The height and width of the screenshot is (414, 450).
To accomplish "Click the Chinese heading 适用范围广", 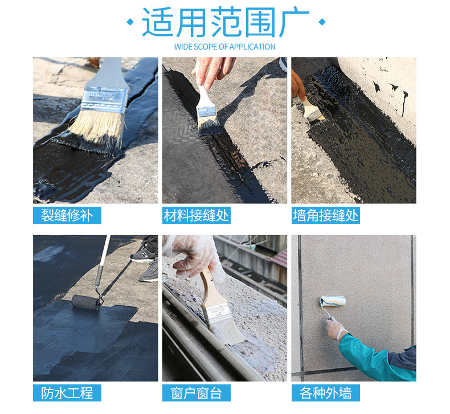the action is point(226,22).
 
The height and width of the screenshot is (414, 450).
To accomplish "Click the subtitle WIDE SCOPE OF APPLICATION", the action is point(224,47).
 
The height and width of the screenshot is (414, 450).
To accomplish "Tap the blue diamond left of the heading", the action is point(130,22).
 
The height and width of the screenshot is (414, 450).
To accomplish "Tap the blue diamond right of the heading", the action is point(322,22).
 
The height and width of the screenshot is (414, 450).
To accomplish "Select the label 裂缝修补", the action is point(67,215).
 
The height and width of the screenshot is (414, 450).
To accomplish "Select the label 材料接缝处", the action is point(197,215).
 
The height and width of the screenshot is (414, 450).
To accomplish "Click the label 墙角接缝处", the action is point(326,215).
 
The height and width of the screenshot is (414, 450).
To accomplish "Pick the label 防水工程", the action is point(67,393).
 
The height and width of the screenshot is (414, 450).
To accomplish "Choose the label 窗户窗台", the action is point(197,393).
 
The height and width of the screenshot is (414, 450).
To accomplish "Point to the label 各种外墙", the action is point(326,393).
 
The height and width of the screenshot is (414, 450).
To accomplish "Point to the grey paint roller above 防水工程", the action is point(85,302).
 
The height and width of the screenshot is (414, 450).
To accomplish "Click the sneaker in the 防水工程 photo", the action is point(143,255).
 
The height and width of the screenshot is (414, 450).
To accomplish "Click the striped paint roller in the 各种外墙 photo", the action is point(333,302).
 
